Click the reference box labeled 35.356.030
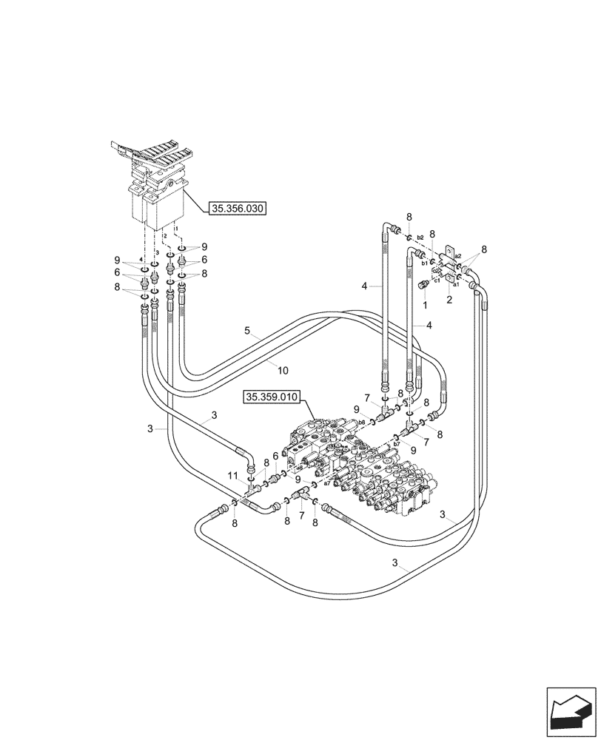(x=238, y=209)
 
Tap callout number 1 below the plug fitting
(x=426, y=305)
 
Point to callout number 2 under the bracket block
(x=449, y=300)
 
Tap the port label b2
(x=420, y=238)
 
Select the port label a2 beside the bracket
(x=458, y=255)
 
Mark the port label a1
(x=457, y=283)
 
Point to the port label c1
(x=437, y=280)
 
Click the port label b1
(x=425, y=262)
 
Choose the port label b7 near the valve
(x=386, y=445)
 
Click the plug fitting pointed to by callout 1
(x=425, y=286)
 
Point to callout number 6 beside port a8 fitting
(x=275, y=456)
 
